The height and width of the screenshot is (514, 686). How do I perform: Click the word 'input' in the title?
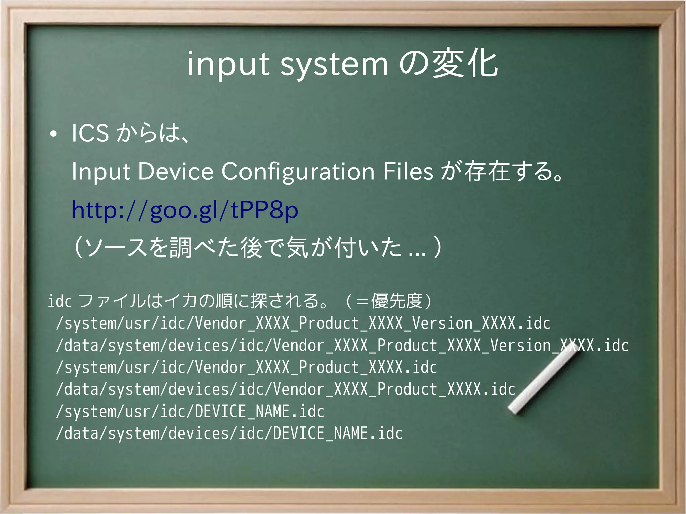pos(228,65)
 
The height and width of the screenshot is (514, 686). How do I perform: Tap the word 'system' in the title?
pos(334,65)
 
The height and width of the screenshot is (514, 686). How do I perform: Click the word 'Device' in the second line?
pos(176,171)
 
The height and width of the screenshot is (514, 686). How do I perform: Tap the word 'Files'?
pos(408,171)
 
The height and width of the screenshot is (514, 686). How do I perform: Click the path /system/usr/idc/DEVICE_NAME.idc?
pos(190,412)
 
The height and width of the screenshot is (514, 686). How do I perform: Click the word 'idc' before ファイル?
pos(60,301)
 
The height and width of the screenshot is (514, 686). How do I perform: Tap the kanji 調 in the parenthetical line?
pos(181,248)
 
